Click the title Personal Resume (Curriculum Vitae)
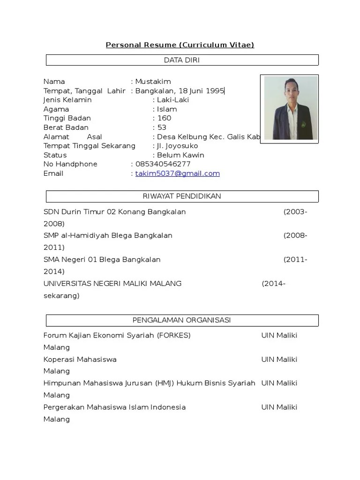tap(180, 45)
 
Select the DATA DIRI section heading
tap(182, 60)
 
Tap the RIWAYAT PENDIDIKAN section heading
tap(182, 196)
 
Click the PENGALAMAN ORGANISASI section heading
tap(182, 321)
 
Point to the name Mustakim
tap(153, 82)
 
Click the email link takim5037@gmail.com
tap(178, 173)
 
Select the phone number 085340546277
tap(163, 164)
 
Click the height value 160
tap(164, 118)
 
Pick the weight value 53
tap(162, 127)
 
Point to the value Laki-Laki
tap(173, 100)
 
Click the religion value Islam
tap(167, 109)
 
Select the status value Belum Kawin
tap(180, 155)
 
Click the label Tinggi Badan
tap(67, 118)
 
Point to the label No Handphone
tap(70, 164)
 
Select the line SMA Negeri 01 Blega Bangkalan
tap(102, 259)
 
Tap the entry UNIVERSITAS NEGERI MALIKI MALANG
tap(112, 283)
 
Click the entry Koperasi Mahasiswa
tap(80, 360)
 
